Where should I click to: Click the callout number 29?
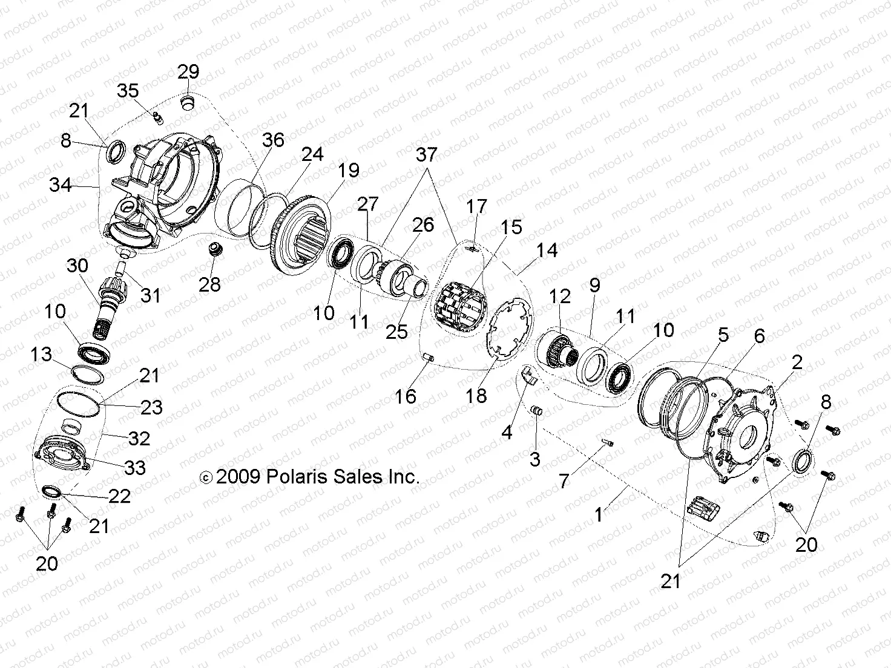pyautogui.click(x=188, y=71)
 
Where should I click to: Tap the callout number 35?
pyautogui.click(x=128, y=91)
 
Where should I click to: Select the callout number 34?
pyautogui.click(x=60, y=185)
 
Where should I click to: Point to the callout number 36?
pyautogui.click(x=273, y=140)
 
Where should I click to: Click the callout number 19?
pyautogui.click(x=349, y=170)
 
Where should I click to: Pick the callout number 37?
pyautogui.click(x=426, y=154)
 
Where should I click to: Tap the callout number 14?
pyautogui.click(x=547, y=249)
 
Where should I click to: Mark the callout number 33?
pyautogui.click(x=135, y=467)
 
